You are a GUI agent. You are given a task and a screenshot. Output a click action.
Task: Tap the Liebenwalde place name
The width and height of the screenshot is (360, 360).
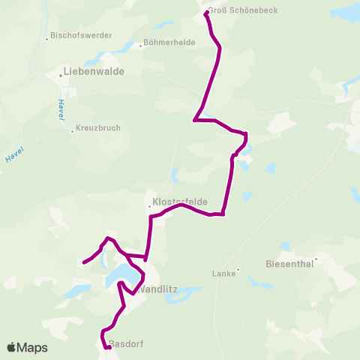pyautogui.click(x=94, y=72)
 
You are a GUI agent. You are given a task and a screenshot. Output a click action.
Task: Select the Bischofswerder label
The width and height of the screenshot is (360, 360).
pyautogui.click(x=81, y=35)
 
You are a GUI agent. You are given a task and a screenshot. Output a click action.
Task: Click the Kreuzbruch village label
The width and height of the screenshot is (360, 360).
pyautogui.click(x=99, y=128)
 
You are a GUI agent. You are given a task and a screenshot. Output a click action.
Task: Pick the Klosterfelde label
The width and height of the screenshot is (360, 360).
pyautogui.click(x=179, y=202)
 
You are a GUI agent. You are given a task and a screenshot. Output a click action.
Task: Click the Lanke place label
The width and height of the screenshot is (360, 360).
pyautogui.click(x=224, y=273)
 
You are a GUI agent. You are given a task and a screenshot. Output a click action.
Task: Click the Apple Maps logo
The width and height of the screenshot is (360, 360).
pyautogui.click(x=27, y=347)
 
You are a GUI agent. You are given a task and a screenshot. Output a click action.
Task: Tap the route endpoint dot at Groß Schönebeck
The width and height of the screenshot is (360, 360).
pyautogui.click(x=206, y=12)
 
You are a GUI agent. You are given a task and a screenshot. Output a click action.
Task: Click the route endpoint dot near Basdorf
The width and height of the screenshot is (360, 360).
pyautogui.click(x=109, y=346)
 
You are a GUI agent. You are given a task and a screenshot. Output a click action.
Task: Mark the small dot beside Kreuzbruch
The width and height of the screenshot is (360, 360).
pyautogui.click(x=72, y=131)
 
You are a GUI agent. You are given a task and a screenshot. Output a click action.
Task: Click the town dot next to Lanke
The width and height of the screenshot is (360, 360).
pyautogui.click(x=238, y=269)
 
